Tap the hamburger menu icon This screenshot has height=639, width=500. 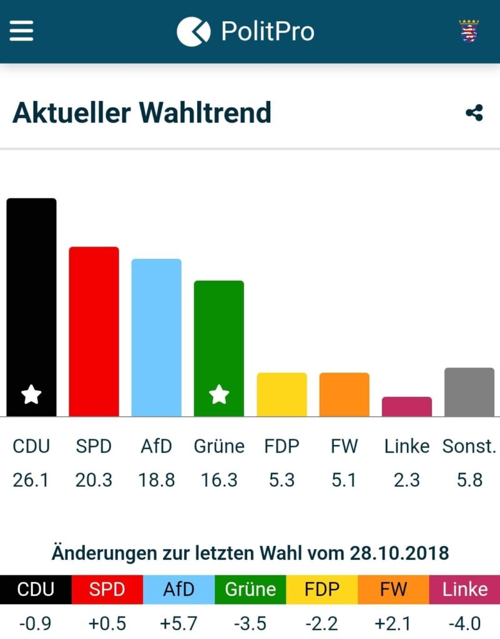click(x=21, y=31)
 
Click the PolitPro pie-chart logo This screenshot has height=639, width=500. click(x=194, y=31)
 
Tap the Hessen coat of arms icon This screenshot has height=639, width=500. click(x=469, y=31)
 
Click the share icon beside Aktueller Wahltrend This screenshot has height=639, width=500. click(x=474, y=113)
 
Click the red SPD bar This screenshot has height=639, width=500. click(x=94, y=331)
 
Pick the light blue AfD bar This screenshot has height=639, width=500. click(x=156, y=337)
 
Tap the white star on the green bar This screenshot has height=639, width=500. click(x=219, y=394)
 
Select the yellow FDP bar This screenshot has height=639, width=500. click(x=282, y=394)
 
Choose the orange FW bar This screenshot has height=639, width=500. click(x=344, y=394)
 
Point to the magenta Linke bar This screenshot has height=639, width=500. click(x=406, y=406)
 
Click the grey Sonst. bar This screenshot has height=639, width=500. click(x=469, y=392)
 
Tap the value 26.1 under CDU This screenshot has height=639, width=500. click(x=31, y=480)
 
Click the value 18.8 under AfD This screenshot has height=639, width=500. click(x=156, y=480)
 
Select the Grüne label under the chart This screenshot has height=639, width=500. click(x=219, y=446)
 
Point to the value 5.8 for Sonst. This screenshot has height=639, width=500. click(x=469, y=480)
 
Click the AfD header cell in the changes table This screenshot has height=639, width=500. click(x=179, y=589)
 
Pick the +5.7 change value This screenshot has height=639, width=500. click(x=179, y=623)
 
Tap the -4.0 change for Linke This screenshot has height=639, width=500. click(x=464, y=623)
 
